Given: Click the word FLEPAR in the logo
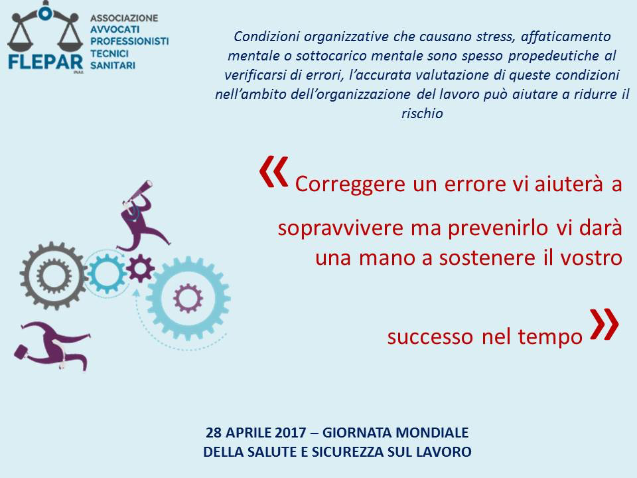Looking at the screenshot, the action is click(x=46, y=62).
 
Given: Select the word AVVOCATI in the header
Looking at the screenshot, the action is click(x=115, y=30).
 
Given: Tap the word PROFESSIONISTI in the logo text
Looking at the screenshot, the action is click(x=129, y=41).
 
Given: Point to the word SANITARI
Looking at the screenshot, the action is click(x=113, y=66).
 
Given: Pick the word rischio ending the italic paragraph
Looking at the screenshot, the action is click(x=422, y=114).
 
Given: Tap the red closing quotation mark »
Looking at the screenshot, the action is click(x=604, y=324).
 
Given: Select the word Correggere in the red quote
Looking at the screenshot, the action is click(x=350, y=184).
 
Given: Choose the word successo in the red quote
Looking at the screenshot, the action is click(x=430, y=337).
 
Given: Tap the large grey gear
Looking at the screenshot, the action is click(x=54, y=276).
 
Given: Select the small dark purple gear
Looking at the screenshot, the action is click(x=140, y=268).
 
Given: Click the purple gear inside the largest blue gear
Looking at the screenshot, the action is click(x=188, y=299).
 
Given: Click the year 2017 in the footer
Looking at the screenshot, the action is click(x=291, y=432).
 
